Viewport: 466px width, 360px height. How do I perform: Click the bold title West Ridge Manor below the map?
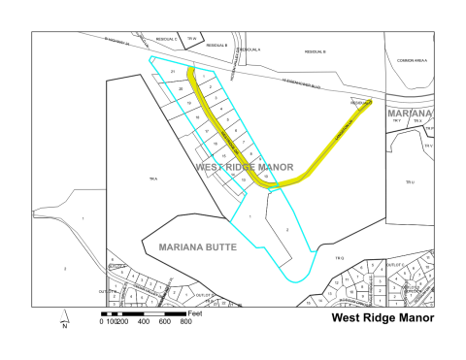(382, 317)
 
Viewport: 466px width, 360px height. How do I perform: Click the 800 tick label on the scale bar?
(185, 321)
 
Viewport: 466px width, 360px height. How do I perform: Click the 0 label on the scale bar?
(101, 321)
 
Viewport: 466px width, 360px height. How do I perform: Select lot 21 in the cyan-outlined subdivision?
(173, 73)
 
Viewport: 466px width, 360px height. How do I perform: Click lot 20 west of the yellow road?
(181, 88)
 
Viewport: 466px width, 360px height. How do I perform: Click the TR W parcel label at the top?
(192, 39)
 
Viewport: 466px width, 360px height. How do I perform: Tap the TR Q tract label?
(340, 257)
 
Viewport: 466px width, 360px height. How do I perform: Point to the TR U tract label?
(410, 180)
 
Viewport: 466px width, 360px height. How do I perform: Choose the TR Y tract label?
(395, 121)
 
